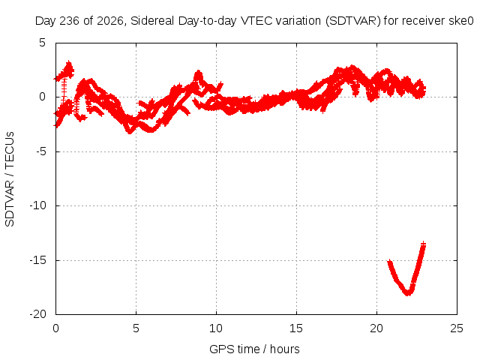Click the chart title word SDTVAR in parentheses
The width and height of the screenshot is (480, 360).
[353, 21]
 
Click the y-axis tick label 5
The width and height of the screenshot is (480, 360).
[42, 43]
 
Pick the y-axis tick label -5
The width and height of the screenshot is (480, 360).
[40, 151]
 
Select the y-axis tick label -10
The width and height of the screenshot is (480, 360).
[37, 205]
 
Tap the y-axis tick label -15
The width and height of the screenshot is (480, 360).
[37, 260]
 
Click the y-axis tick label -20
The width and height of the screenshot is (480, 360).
[37, 314]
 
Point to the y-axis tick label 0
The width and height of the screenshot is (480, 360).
[42, 97]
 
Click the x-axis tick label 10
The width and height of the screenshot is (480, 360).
[216, 328]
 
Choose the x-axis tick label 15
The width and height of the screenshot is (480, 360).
[296, 328]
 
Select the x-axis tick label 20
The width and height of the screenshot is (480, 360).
[376, 328]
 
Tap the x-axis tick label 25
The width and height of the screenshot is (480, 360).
[457, 328]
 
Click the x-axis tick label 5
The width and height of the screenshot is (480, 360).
[136, 328]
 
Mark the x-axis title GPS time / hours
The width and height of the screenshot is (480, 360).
[254, 349]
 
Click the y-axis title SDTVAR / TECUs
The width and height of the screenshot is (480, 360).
[10, 179]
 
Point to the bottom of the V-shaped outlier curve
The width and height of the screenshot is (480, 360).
[408, 293]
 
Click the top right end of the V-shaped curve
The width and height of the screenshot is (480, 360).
[423, 244]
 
